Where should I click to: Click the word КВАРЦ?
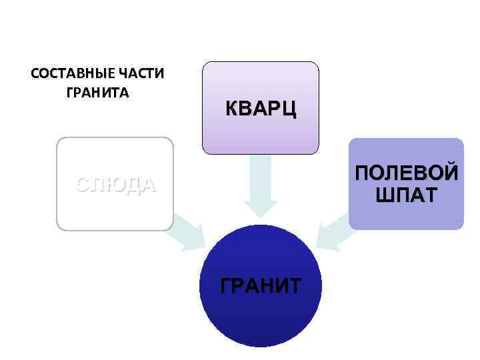click(x=261, y=109)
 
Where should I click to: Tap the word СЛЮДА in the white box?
click(x=115, y=185)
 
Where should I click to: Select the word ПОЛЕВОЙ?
click(x=406, y=174)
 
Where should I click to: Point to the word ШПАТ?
click(x=406, y=195)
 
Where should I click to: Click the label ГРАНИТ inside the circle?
click(x=260, y=285)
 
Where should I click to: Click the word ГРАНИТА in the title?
click(x=98, y=92)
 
